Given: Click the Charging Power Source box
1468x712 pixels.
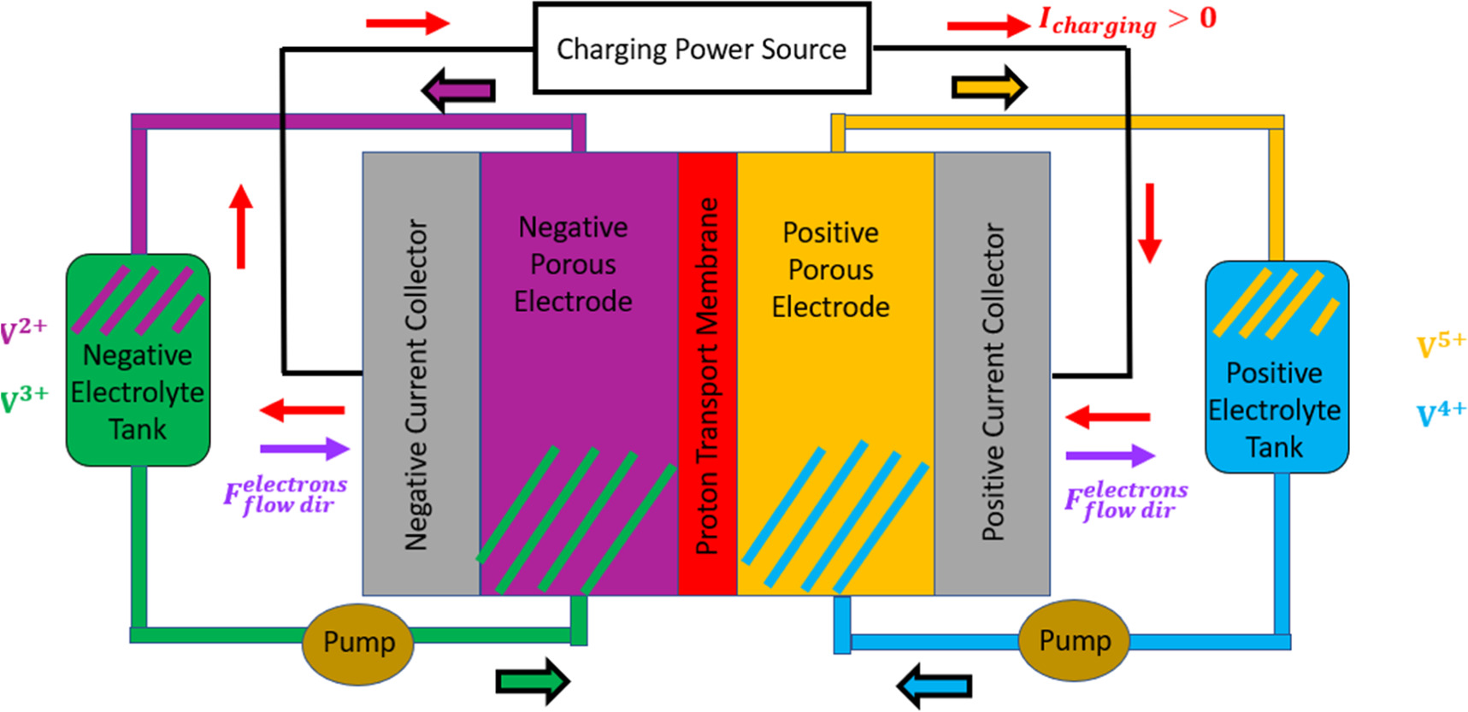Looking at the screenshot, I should click(701, 49).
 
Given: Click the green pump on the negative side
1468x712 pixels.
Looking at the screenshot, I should click(358, 644).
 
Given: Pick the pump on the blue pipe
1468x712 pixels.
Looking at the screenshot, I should click(1075, 641).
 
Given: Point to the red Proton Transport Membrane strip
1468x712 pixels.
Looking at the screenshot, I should click(707, 374).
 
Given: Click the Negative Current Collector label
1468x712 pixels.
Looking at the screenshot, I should click(416, 385).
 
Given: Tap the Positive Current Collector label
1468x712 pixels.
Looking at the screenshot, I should click(993, 382).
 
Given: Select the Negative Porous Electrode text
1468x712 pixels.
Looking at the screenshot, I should click(573, 264).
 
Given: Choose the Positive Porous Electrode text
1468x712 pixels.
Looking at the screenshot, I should click(830, 269).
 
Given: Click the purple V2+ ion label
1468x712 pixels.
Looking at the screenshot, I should click(23, 330).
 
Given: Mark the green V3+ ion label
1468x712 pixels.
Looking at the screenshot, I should click(24, 399).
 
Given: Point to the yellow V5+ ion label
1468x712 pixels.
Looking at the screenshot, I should click(1441, 345).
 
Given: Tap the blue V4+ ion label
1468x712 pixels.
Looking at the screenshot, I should click(1441, 414).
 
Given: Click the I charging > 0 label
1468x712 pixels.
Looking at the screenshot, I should click(1127, 21).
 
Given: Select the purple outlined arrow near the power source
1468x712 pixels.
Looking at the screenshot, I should click(458, 90).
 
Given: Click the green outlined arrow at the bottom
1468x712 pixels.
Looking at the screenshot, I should click(532, 681).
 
